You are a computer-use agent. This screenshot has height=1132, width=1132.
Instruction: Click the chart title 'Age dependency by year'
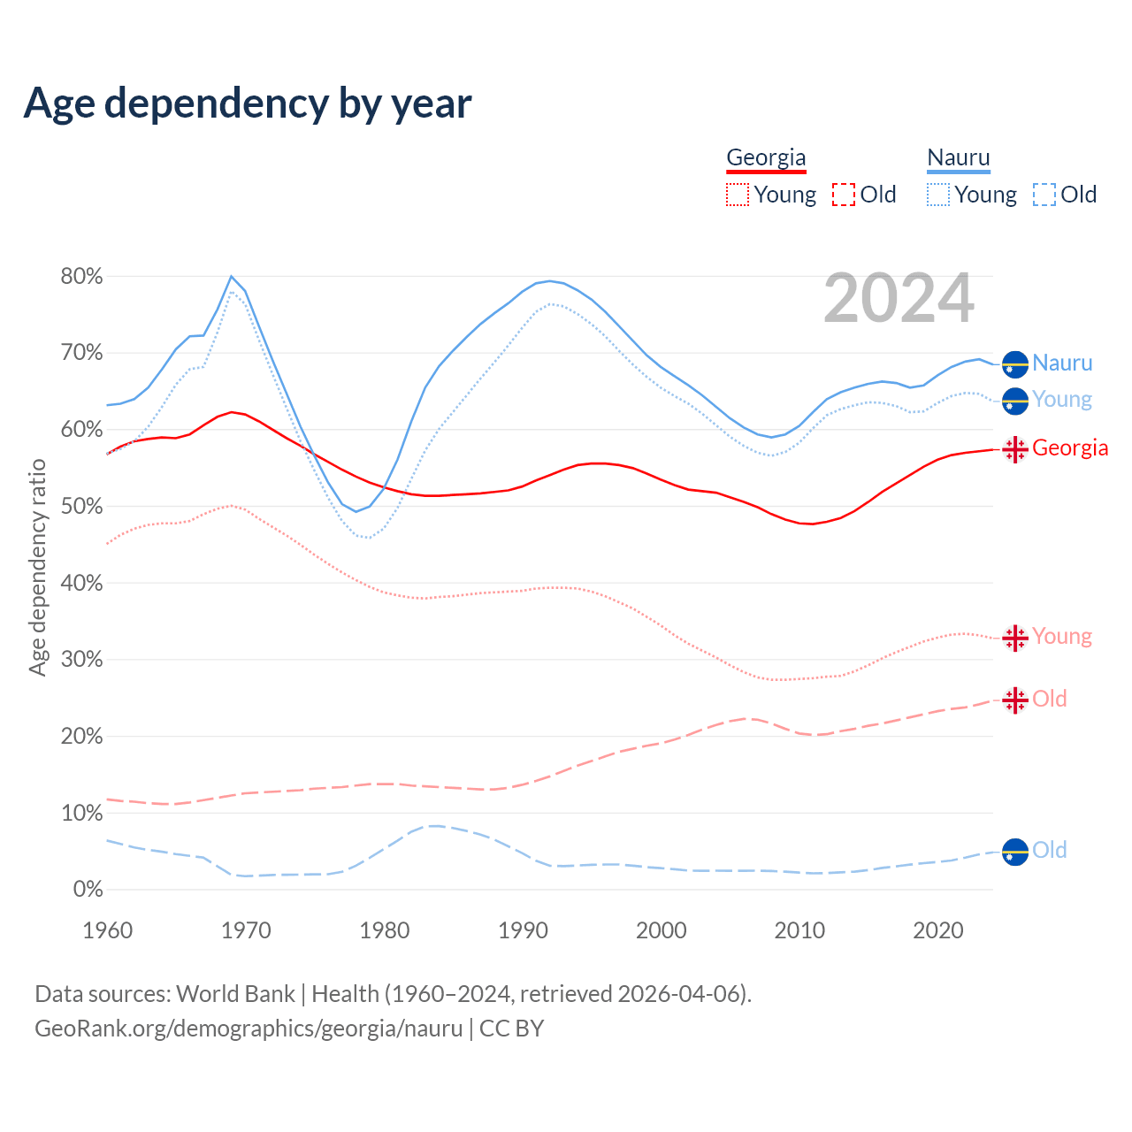[x=248, y=103]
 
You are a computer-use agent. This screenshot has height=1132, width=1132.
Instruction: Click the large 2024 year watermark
[x=899, y=299]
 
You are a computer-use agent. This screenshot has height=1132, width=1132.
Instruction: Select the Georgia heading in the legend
[x=766, y=157]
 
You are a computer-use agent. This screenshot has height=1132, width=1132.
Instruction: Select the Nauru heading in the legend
[x=959, y=157]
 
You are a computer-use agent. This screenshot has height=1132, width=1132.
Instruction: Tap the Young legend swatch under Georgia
[x=737, y=195]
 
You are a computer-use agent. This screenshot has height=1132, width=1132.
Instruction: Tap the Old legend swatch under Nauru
[x=1044, y=195]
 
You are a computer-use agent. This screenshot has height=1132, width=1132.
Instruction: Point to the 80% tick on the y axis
[x=81, y=277]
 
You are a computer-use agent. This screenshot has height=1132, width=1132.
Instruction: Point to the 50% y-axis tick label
[x=81, y=507]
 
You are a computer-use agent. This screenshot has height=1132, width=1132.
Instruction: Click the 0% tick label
[x=87, y=890]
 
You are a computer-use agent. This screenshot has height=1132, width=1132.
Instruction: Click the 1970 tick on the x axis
[x=246, y=930]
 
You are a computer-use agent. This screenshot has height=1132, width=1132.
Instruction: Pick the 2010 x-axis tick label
[x=799, y=930]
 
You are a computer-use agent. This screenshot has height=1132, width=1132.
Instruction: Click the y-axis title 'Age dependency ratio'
[x=37, y=567]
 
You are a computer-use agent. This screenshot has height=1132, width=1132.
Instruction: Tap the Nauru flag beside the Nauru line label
[x=1015, y=363]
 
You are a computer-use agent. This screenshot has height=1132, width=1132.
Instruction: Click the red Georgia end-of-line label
[x=1069, y=448]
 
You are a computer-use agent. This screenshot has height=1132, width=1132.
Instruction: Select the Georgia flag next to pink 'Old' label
[x=1015, y=700]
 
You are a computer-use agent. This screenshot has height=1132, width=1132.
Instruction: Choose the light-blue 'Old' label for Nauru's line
[x=1050, y=851]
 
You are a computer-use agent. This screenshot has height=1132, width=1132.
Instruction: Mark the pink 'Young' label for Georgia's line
[x=1061, y=637]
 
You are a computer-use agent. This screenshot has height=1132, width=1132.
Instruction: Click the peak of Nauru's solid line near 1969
[x=232, y=277]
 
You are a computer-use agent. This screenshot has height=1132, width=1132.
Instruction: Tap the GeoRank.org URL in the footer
[x=249, y=1029]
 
